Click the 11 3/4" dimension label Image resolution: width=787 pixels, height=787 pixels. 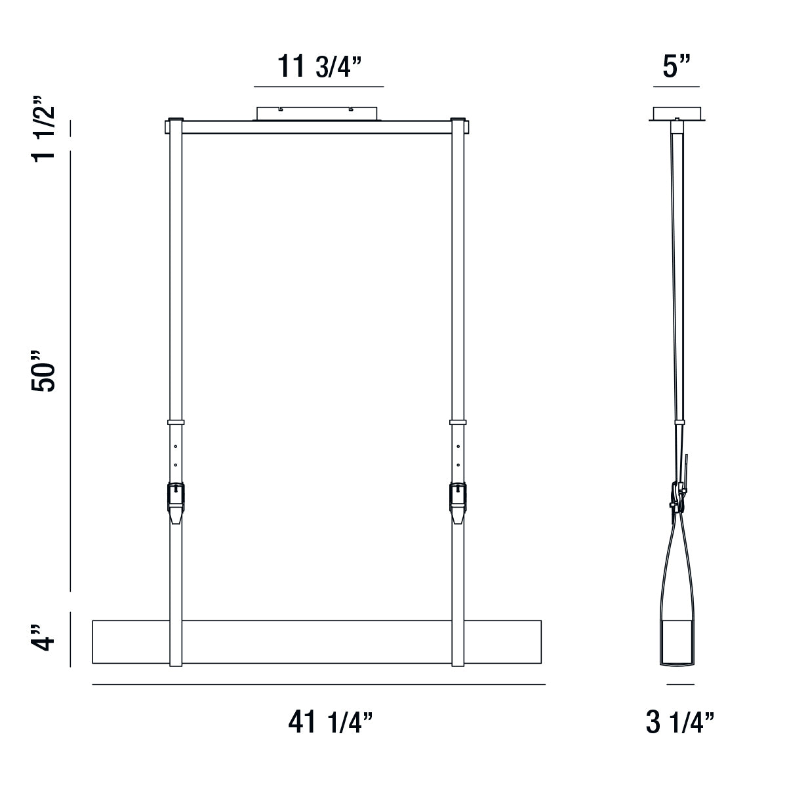click(319, 66)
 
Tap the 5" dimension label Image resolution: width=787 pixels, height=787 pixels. click(676, 66)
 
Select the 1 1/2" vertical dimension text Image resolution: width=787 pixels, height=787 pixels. click(43, 129)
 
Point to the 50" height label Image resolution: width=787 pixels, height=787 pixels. click(43, 371)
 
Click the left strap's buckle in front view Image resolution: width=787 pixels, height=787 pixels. click(176, 502)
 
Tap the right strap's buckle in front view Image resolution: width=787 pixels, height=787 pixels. click(458, 502)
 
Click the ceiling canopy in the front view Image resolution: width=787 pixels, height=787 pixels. click(317, 113)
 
